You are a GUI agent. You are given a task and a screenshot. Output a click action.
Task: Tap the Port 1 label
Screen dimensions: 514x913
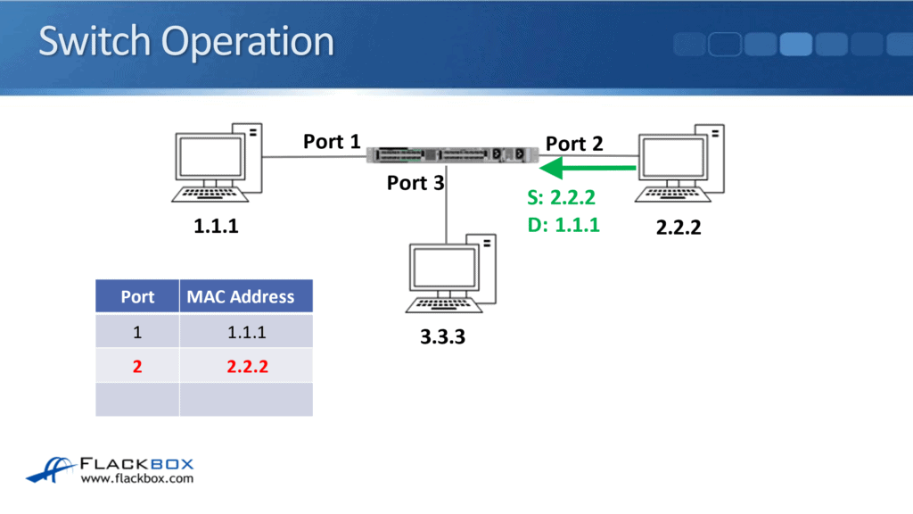click(332, 141)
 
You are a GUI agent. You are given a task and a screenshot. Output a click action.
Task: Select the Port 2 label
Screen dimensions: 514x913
click(574, 143)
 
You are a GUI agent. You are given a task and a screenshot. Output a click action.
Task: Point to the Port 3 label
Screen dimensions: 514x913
click(415, 183)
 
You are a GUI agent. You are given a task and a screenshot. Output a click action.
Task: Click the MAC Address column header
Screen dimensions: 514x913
click(241, 297)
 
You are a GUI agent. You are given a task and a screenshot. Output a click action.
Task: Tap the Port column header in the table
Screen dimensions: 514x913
click(137, 297)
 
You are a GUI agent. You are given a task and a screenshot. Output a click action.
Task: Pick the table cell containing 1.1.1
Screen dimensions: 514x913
click(245, 332)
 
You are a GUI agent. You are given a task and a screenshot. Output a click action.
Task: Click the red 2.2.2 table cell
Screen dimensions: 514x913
click(245, 366)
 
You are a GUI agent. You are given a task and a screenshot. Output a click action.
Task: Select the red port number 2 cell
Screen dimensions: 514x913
click(137, 366)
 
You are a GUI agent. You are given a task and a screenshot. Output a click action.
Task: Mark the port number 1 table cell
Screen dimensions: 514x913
click(137, 332)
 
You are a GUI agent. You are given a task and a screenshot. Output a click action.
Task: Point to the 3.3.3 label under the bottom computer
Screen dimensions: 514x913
click(443, 338)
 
